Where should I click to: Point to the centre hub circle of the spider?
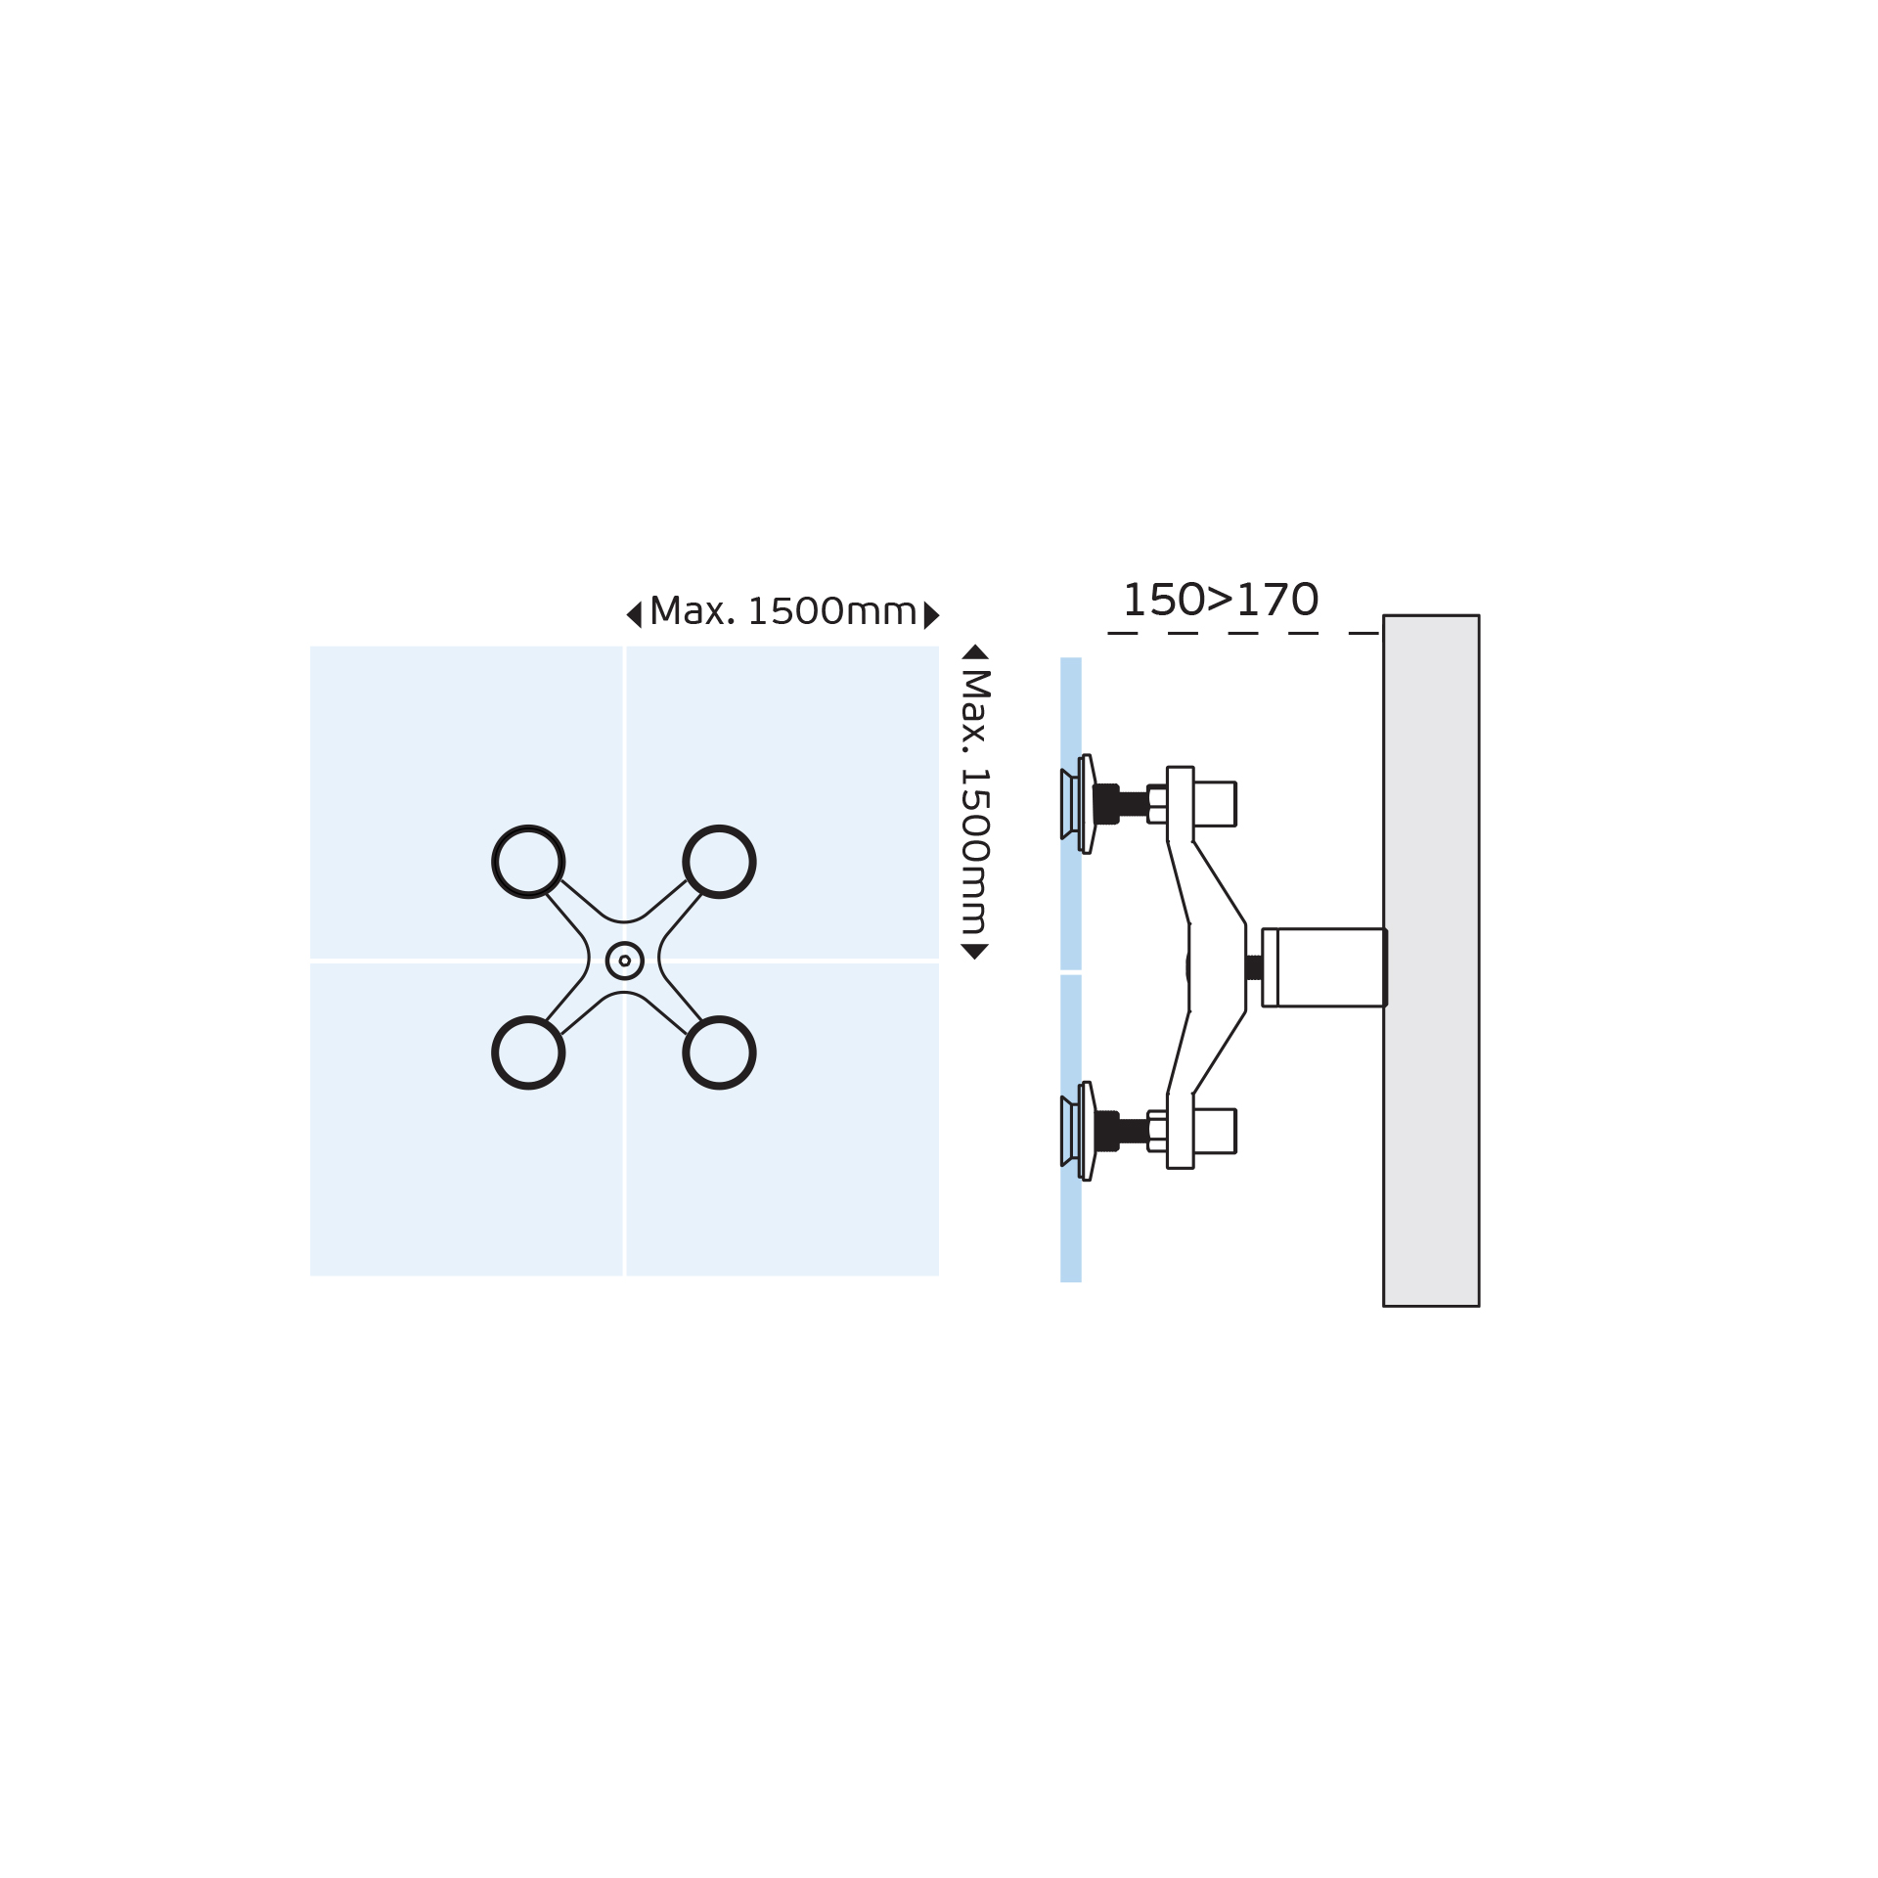(x=607, y=961)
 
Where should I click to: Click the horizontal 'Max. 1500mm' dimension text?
(x=782, y=611)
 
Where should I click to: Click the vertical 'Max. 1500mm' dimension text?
(x=975, y=801)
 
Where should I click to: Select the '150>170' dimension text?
(x=1221, y=600)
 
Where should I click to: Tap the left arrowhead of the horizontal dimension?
(x=634, y=614)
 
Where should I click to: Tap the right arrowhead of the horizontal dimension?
(x=931, y=615)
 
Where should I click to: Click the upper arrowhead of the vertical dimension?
(x=975, y=652)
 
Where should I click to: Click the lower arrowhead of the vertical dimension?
(x=975, y=951)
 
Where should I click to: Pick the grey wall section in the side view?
(x=1431, y=961)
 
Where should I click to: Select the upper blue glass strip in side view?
(x=1071, y=813)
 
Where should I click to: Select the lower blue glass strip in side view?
(x=1071, y=1128)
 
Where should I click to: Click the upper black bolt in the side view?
(x=1121, y=804)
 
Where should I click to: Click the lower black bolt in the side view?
(x=1121, y=1131)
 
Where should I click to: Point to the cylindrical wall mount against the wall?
(x=1324, y=967)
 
